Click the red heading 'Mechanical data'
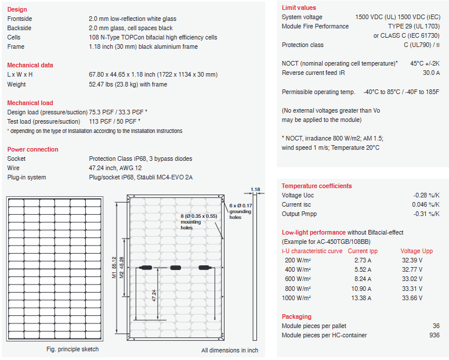tap(30, 65)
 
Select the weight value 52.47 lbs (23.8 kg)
tap(128, 84)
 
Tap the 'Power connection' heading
tap(32, 149)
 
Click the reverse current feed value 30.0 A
tap(431, 73)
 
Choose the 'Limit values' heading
tap(299, 8)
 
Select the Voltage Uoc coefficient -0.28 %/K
tap(426, 195)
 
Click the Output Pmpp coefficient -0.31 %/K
tap(426, 214)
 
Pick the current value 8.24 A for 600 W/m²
tap(363, 279)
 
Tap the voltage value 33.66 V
tap(412, 297)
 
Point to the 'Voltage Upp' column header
tap(417, 251)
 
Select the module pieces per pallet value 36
tap(436, 326)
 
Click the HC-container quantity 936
tap(434, 335)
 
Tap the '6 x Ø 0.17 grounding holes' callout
tap(240, 211)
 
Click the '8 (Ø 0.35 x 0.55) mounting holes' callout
tap(198, 221)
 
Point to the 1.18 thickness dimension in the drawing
tap(255, 189)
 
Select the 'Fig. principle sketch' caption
tap(73, 349)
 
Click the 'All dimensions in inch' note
tap(230, 350)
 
